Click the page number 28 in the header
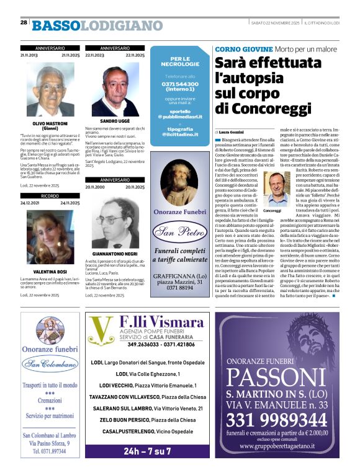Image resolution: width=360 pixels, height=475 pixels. click(24, 22)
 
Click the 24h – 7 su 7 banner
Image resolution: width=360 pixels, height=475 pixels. click(147, 451)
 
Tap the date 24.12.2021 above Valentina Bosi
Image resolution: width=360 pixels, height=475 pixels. click(31, 203)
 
